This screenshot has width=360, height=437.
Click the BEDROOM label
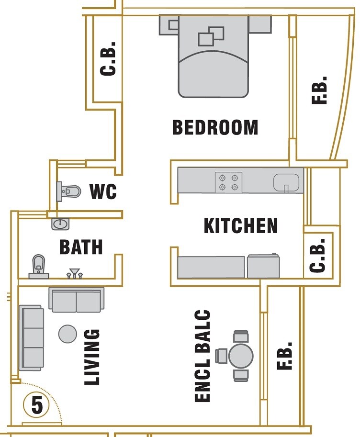tap(215, 127)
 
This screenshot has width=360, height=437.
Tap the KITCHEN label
tap(240, 226)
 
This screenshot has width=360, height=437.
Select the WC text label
tap(103, 192)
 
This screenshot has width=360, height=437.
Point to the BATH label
tap(81, 247)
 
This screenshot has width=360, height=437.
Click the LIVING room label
tap(92, 357)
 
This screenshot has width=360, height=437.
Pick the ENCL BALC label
tap(203, 356)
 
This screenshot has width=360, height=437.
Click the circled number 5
tap(37, 405)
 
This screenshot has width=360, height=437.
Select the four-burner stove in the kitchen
tap(228, 182)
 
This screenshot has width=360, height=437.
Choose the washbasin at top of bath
tap(60, 224)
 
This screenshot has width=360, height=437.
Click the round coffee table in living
tap(67, 334)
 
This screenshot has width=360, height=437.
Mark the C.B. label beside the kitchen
tap(318, 256)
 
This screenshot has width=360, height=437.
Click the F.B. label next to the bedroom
tap(319, 90)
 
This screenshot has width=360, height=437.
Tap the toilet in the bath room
tap(38, 266)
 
